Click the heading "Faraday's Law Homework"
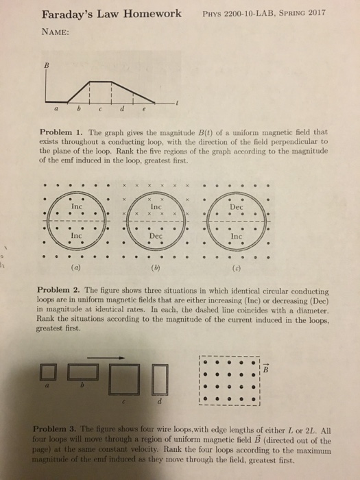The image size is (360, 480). click(112, 14)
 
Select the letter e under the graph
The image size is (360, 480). click(143, 108)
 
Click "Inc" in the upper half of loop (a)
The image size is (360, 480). click(77, 205)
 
